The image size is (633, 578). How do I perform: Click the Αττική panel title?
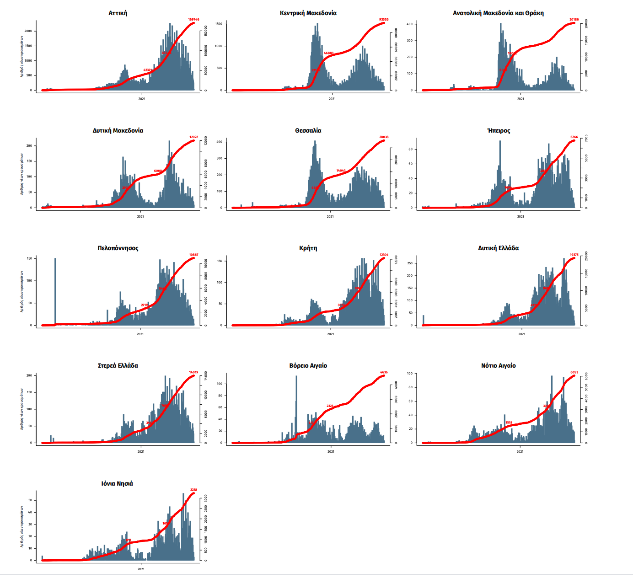(x=118, y=13)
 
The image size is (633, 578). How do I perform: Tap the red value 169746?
(x=193, y=20)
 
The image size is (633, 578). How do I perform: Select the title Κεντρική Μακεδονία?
(x=308, y=13)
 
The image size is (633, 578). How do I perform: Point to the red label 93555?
(x=384, y=20)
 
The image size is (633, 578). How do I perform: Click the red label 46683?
(x=328, y=53)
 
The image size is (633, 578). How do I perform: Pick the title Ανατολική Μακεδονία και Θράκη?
(x=498, y=13)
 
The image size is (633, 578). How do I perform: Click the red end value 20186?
(x=574, y=20)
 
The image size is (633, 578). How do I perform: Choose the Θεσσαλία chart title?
(x=308, y=130)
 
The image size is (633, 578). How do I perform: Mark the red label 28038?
(x=384, y=137)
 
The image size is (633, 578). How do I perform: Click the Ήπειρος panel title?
(x=499, y=130)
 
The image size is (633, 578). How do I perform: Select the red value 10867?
(x=193, y=255)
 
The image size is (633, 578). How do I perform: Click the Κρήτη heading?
(x=308, y=248)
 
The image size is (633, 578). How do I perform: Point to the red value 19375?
(x=574, y=255)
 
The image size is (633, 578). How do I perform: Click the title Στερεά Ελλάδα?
(x=118, y=365)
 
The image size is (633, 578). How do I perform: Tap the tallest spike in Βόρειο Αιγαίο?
(x=296, y=398)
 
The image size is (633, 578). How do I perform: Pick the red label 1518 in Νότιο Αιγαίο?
(x=509, y=423)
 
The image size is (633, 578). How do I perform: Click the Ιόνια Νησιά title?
(x=117, y=483)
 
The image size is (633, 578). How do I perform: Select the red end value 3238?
(x=193, y=490)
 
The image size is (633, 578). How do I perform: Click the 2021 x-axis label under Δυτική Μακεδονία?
(x=140, y=216)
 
